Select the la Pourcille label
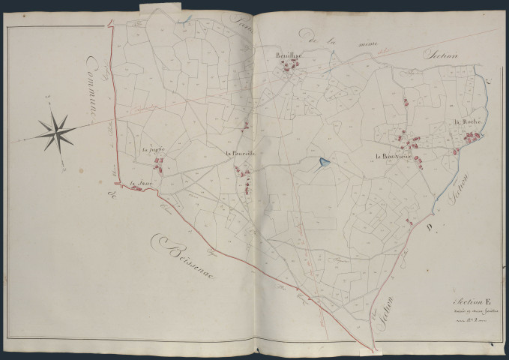point(241,154)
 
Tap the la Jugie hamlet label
point(152,149)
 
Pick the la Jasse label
point(136,182)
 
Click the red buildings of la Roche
point(471,136)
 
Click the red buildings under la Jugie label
point(159,159)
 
